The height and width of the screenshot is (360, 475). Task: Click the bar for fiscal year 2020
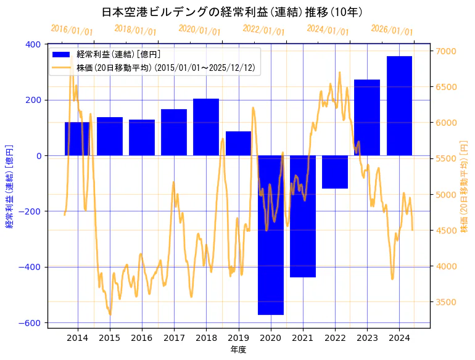click(271, 235)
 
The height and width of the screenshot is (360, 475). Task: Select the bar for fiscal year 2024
click(399, 105)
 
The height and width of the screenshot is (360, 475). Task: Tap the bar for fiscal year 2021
click(303, 216)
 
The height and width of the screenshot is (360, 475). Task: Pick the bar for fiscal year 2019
click(238, 143)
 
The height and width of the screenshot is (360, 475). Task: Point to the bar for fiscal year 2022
click(335, 171)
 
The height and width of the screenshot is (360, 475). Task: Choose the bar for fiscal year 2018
click(206, 127)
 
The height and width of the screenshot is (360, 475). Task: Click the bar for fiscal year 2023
click(367, 117)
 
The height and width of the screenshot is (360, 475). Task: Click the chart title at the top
click(231, 12)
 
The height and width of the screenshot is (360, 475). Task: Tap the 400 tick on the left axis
click(33, 44)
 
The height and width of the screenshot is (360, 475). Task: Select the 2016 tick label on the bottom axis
click(142, 337)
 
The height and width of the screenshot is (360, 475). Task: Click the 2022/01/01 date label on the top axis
click(263, 30)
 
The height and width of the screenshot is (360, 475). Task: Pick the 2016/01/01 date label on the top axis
click(72, 30)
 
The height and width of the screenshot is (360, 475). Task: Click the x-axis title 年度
click(238, 350)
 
